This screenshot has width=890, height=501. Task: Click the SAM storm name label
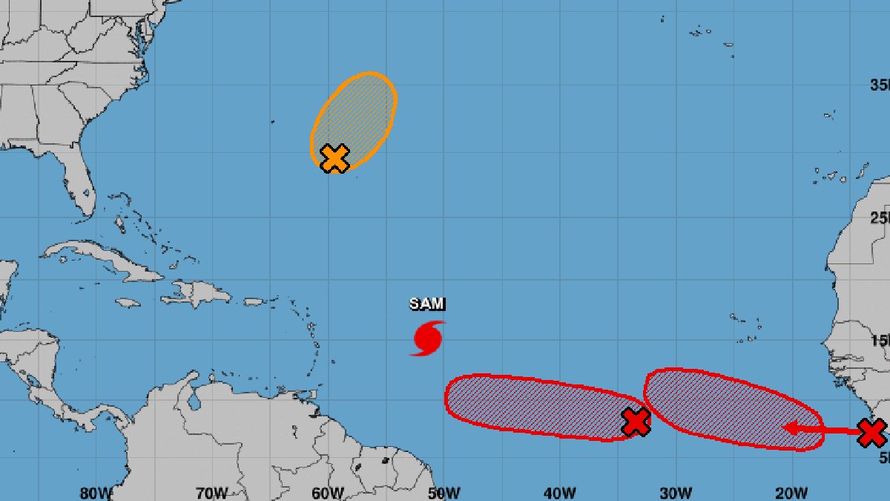pyautogui.click(x=428, y=304)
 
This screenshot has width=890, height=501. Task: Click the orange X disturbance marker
pyautogui.click(x=334, y=158)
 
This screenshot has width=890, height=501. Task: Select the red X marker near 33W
pyautogui.click(x=636, y=422)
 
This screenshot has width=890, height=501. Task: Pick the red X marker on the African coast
pyautogui.click(x=871, y=432)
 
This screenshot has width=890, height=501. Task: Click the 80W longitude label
pyautogui.click(x=96, y=493)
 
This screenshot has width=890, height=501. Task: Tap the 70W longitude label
pyautogui.click(x=212, y=493)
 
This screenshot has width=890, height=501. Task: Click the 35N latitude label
pyautogui.click(x=880, y=85)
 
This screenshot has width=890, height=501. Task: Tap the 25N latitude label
pyautogui.click(x=880, y=217)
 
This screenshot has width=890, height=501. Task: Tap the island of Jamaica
pyautogui.click(x=128, y=303)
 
